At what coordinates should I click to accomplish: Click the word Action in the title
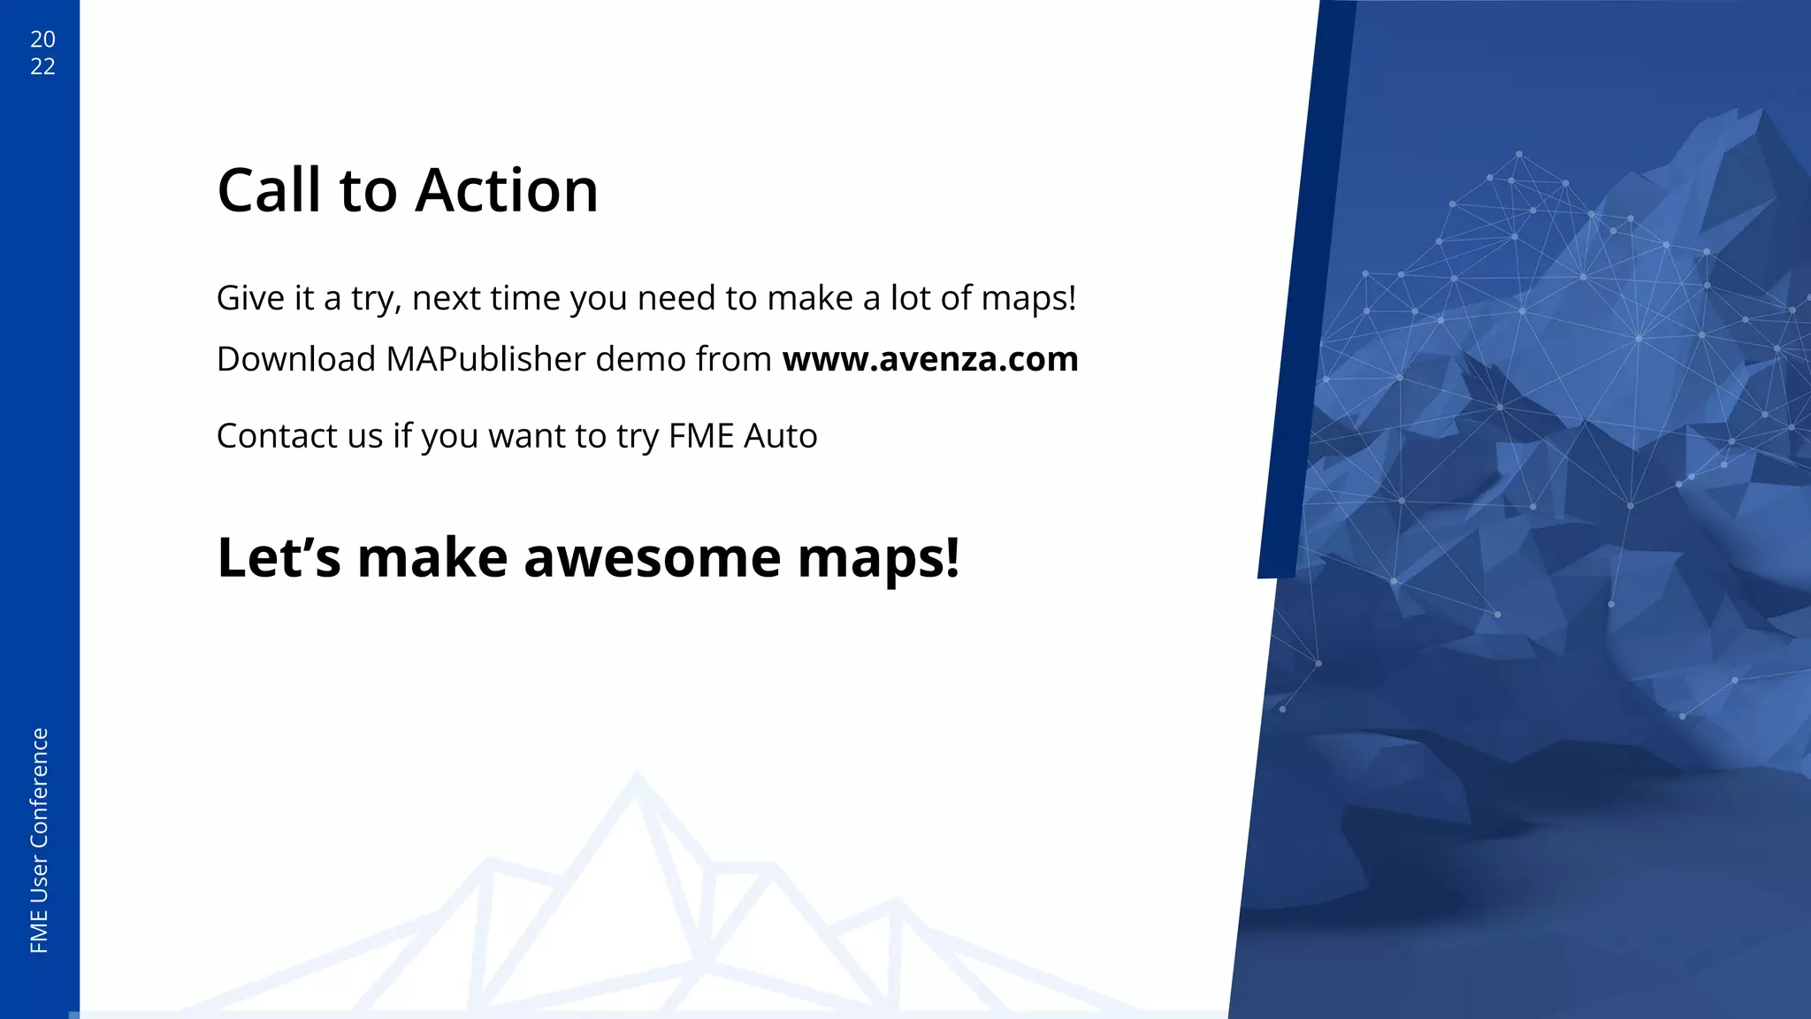(x=507, y=190)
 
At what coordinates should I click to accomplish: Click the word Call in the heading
(x=269, y=190)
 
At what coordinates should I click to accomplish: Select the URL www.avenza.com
(x=929, y=359)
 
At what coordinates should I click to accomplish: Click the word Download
(x=296, y=359)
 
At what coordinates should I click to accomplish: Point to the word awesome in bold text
(x=652, y=558)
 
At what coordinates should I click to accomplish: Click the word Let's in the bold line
(x=279, y=558)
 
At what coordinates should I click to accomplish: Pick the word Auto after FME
(x=781, y=436)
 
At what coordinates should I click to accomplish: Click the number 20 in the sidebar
(x=42, y=39)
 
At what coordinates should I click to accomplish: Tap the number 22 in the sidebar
(x=42, y=66)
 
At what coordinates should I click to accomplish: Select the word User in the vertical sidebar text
(x=40, y=880)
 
